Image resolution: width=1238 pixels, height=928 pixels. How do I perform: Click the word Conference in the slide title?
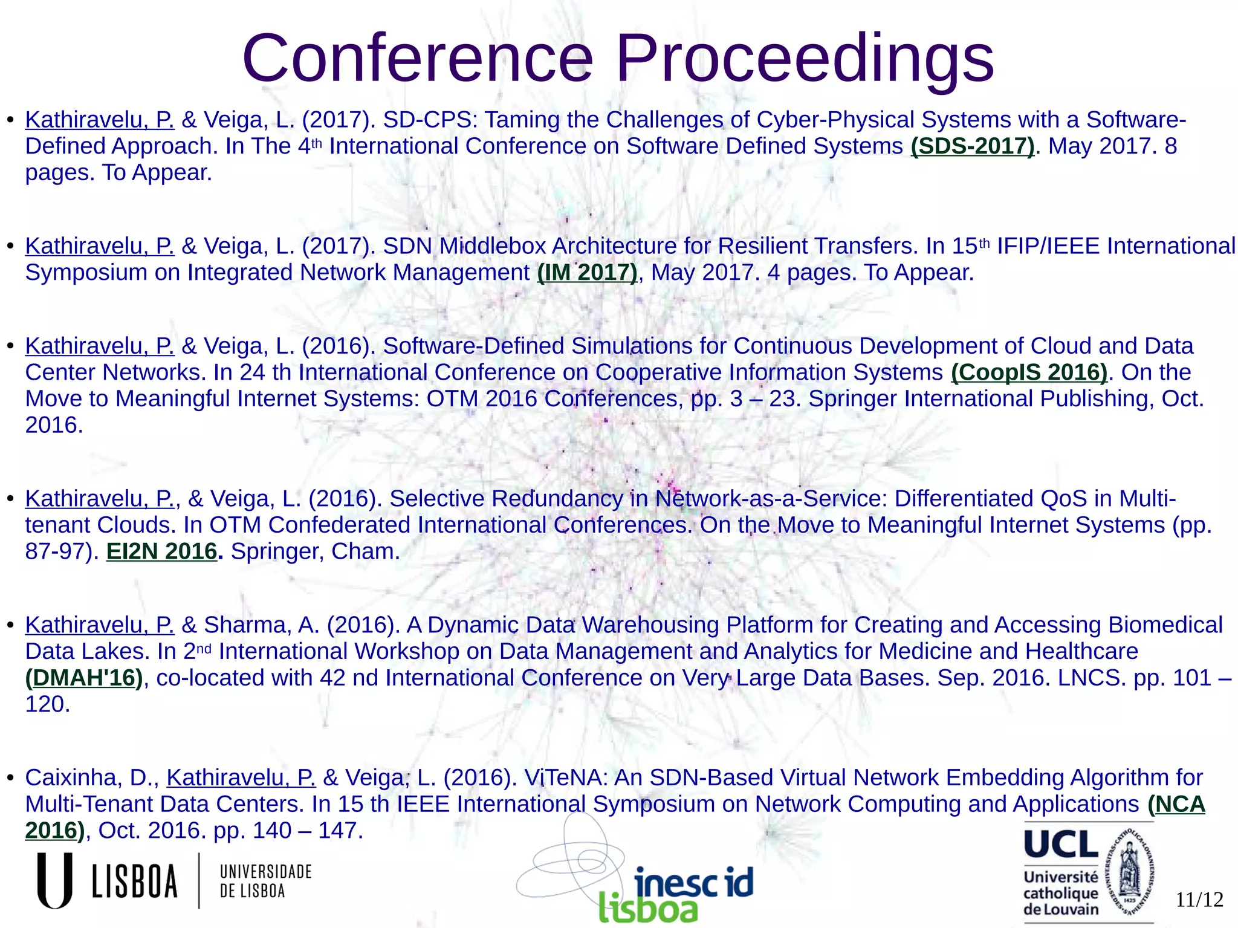click(417, 59)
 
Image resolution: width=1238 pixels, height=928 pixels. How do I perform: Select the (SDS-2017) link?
click(973, 146)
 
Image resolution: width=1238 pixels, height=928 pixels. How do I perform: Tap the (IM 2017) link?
click(587, 273)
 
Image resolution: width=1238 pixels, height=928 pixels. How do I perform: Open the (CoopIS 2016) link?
click(1029, 372)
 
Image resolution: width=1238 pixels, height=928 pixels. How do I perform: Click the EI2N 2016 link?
click(161, 551)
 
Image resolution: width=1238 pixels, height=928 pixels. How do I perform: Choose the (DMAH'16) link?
click(84, 678)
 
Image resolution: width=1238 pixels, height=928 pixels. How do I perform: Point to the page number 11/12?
click(1199, 900)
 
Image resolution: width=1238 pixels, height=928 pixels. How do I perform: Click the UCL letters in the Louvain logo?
click(1061, 844)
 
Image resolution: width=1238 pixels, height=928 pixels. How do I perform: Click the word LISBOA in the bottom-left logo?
click(135, 881)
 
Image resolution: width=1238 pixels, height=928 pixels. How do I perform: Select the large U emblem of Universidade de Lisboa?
click(55, 880)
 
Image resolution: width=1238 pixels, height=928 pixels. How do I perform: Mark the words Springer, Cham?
click(315, 551)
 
